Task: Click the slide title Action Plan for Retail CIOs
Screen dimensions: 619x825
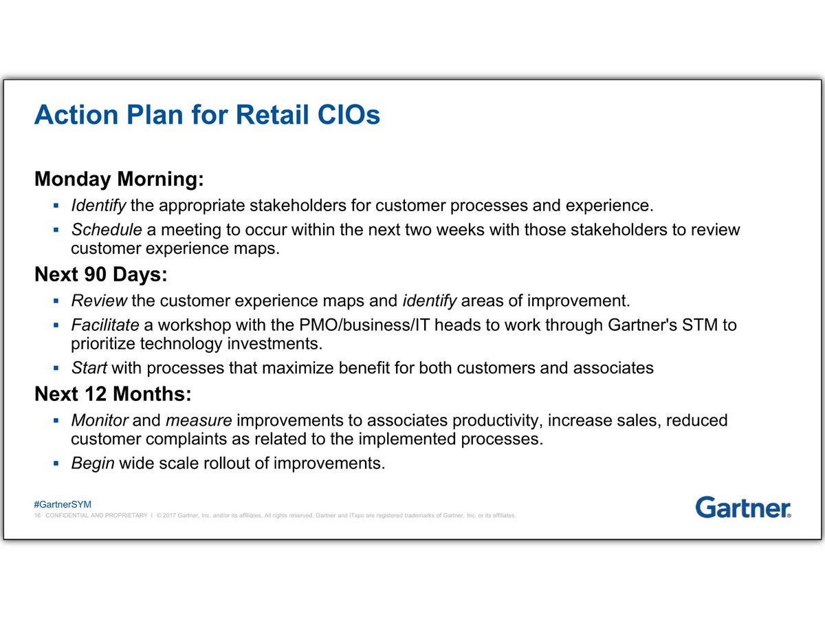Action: [x=207, y=115]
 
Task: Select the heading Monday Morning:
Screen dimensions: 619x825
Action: [x=119, y=180]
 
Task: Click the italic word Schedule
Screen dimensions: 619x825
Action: [x=107, y=229]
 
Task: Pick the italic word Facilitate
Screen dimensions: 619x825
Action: [x=105, y=324]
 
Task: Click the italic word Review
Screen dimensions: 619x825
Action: [x=99, y=301]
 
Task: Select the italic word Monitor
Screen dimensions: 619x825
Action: [x=100, y=420]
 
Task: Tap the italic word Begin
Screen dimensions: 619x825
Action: [x=92, y=463]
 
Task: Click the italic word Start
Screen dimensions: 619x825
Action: [x=89, y=368]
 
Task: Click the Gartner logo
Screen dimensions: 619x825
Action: [x=742, y=507]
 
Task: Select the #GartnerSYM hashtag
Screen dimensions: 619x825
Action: [x=58, y=505]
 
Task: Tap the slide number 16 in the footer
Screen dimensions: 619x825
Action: [x=38, y=516]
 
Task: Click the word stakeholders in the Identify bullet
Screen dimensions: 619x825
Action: [x=287, y=205]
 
